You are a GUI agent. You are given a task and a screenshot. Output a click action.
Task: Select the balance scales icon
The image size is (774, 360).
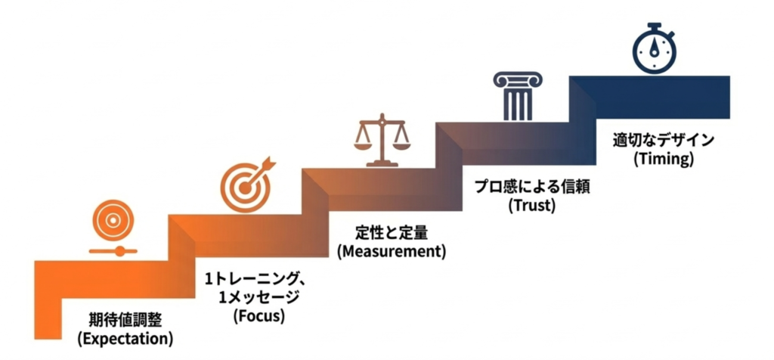point(382,140)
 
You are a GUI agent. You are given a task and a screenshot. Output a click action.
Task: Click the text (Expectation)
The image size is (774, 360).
point(125,337)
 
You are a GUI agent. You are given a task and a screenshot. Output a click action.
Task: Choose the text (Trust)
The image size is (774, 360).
point(531,204)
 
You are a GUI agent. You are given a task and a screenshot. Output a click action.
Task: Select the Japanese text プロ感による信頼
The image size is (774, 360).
point(532,186)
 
